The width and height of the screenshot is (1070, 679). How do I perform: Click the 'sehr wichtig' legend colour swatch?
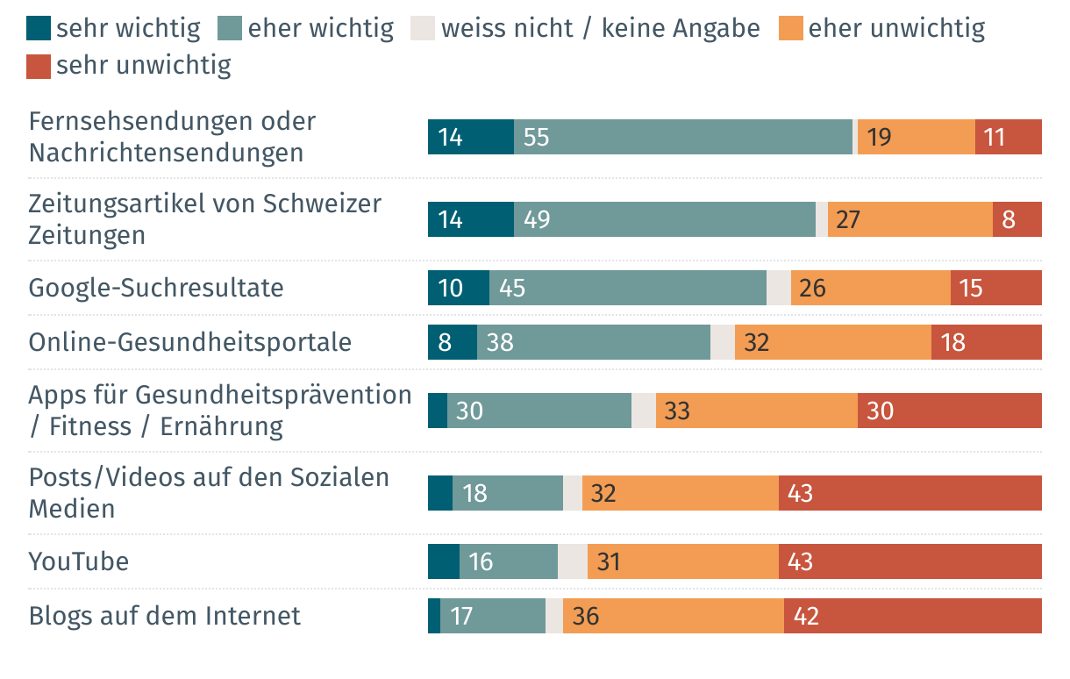[39, 29]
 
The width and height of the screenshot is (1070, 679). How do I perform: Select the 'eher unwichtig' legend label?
[896, 29]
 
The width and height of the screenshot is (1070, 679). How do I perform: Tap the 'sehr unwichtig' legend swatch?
[39, 66]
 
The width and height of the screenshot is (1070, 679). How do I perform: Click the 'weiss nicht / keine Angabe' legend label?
[600, 29]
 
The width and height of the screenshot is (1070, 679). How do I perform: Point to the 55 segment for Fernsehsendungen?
[682, 137]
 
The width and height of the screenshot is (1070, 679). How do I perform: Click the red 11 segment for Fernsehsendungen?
[1008, 137]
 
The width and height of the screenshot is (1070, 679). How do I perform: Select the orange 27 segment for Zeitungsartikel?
[909, 219]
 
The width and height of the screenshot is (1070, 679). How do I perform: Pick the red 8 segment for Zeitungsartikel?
[1016, 219]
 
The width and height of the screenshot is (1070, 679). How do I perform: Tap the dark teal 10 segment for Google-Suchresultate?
[458, 288]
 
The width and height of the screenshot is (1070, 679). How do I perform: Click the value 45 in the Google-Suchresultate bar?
[512, 288]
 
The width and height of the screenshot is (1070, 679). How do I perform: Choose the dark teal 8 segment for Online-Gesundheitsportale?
[452, 341]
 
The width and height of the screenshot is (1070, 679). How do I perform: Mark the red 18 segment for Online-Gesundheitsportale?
[986, 341]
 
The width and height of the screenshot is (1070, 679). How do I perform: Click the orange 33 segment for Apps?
[756, 411]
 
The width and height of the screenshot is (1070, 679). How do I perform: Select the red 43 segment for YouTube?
[909, 561]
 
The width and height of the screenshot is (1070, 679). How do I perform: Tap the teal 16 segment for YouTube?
[508, 561]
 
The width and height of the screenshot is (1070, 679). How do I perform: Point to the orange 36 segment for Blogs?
[673, 616]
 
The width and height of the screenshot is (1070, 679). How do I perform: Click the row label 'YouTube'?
[79, 561]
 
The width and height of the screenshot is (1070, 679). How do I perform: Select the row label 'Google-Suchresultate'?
[156, 288]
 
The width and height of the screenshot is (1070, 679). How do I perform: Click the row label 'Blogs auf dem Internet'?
[165, 616]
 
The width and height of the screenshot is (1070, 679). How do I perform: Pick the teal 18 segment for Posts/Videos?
[507, 493]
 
